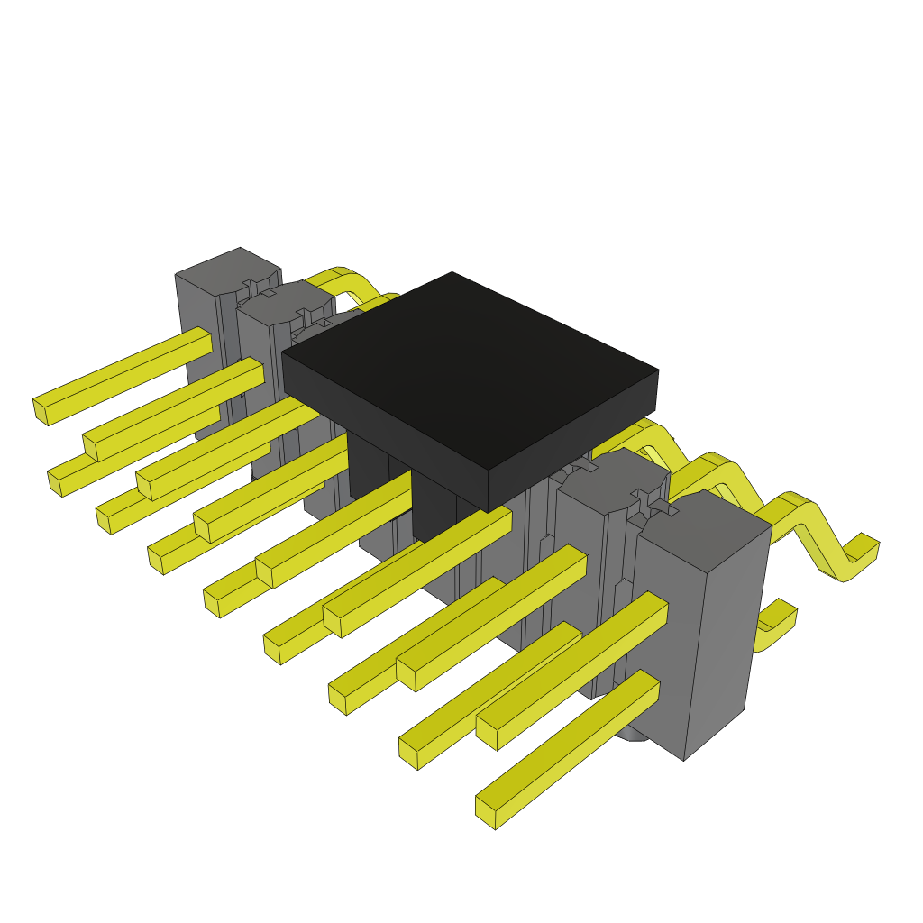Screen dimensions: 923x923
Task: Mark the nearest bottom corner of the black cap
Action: [x=488, y=511]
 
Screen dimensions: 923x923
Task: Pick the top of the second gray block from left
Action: [x=284, y=303]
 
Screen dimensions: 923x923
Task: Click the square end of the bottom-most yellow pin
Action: [x=485, y=812]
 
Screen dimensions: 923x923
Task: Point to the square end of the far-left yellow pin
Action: [x=40, y=410]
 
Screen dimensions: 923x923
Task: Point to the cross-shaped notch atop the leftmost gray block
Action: [x=257, y=287]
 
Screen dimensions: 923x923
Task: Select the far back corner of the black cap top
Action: [x=452, y=274]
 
